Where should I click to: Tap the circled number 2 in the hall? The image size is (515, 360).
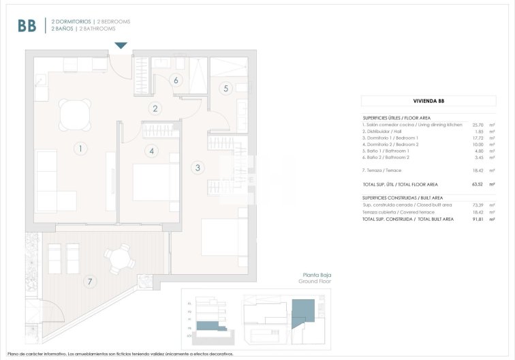pyautogui.click(x=155, y=108)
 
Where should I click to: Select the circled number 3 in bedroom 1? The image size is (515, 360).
pyautogui.click(x=198, y=167)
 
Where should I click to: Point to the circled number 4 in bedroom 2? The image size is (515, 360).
pyautogui.click(x=152, y=151)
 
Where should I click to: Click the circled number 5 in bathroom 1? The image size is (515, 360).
pyautogui.click(x=227, y=88)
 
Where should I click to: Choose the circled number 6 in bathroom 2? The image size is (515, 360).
pyautogui.click(x=176, y=80)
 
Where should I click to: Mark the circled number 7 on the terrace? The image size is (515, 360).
pyautogui.click(x=88, y=281)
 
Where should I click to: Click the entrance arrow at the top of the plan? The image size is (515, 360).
pyautogui.click(x=121, y=46)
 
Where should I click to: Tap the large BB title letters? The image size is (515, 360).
pyautogui.click(x=27, y=26)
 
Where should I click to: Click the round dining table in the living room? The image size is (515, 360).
pyautogui.click(x=73, y=114)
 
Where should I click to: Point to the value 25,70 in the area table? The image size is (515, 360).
pyautogui.click(x=477, y=125)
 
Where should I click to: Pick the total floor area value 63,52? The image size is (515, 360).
pyautogui.click(x=477, y=184)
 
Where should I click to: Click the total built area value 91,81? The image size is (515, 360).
pyautogui.click(x=477, y=219)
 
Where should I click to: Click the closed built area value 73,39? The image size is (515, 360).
pyautogui.click(x=477, y=205)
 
